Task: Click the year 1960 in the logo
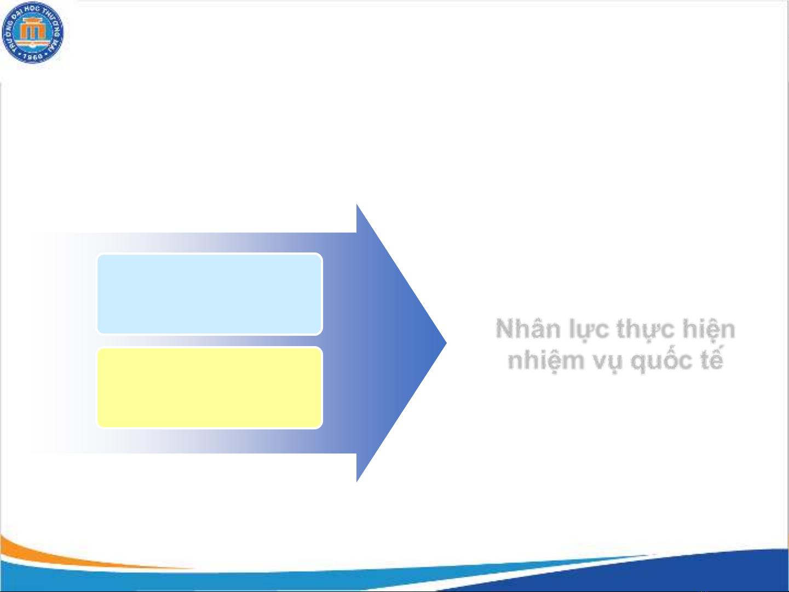point(33,57)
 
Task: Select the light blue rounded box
point(210,294)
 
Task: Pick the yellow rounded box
point(210,388)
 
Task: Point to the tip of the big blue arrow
point(446,343)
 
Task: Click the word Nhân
point(528,329)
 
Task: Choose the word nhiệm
point(546,361)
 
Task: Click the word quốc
point(661,360)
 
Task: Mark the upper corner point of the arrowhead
point(356,204)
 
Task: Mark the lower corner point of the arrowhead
point(356,482)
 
